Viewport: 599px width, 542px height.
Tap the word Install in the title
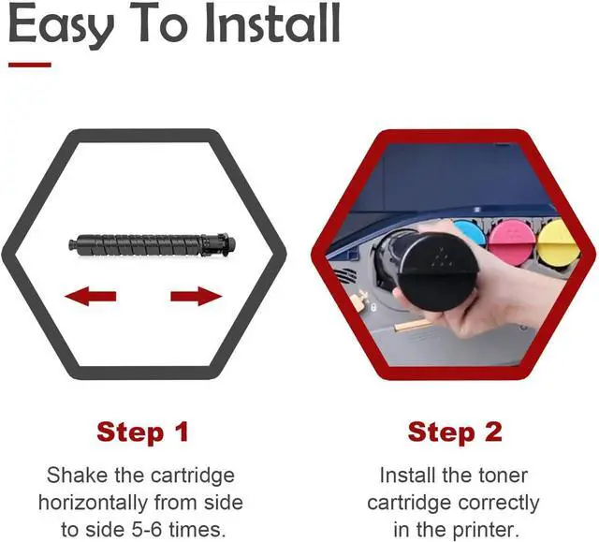[x=272, y=22]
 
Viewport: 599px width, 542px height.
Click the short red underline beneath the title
[x=30, y=65]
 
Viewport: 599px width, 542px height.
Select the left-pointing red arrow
[x=91, y=297]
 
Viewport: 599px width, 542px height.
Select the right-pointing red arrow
[x=197, y=297]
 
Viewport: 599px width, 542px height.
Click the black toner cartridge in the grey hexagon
[x=152, y=244]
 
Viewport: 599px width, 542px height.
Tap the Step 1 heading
[x=143, y=432]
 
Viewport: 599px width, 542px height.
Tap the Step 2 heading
[x=455, y=432]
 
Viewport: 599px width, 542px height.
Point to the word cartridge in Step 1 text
[x=193, y=476]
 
